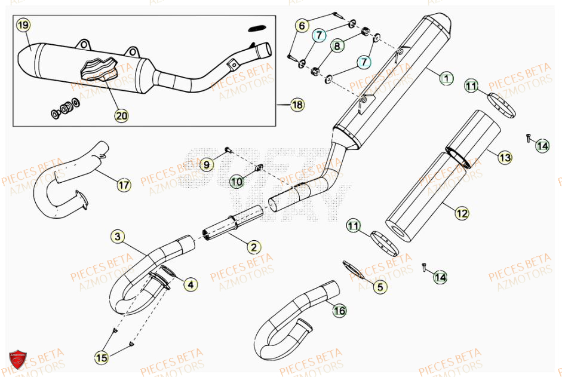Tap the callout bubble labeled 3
coord(118,237)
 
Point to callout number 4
coord(190,285)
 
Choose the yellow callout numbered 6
coord(302,26)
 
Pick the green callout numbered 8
coord(337,45)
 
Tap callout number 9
coord(206,164)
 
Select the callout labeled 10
coord(237,181)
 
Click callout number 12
coord(462,212)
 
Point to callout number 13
coord(505,158)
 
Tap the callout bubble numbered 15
coord(102,357)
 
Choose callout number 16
coord(339,311)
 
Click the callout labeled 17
coord(124,185)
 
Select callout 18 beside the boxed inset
coord(297,105)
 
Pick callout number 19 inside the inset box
coord(23,26)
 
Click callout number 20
coord(122,115)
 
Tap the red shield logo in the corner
coord(17,360)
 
